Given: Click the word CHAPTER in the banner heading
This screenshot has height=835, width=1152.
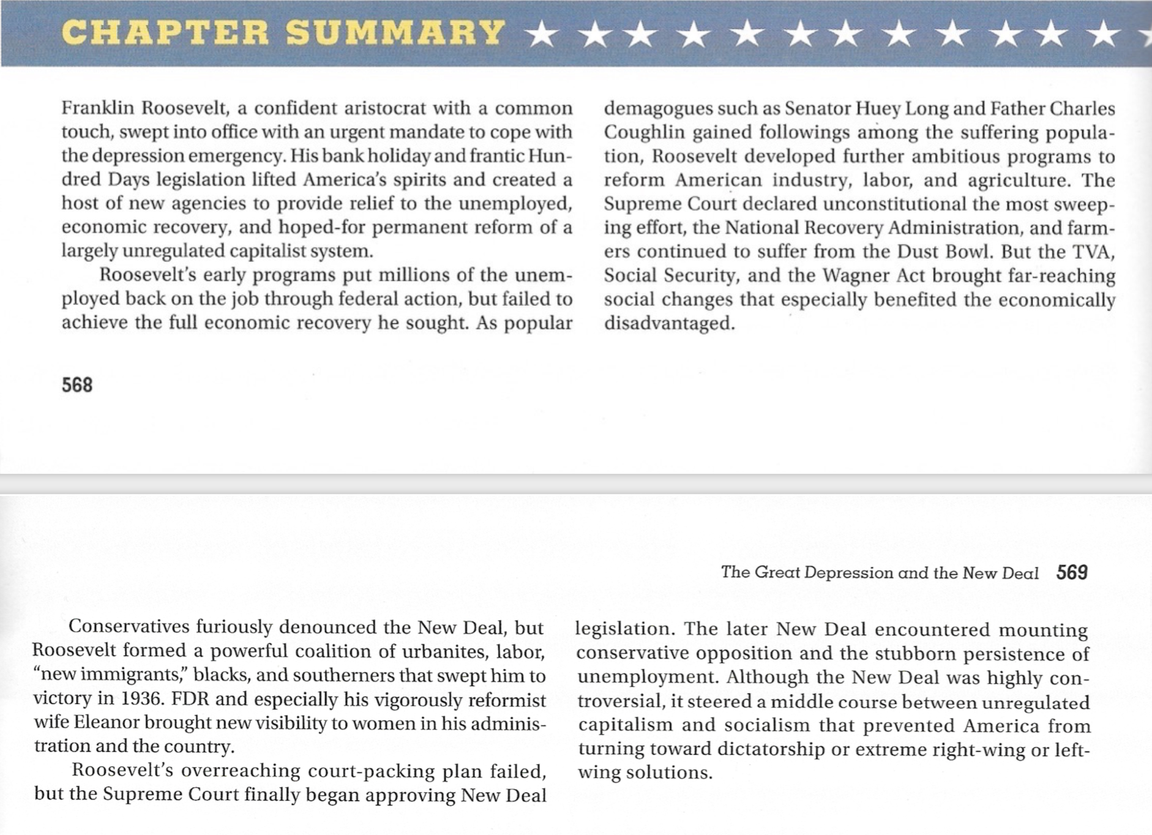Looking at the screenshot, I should click(x=165, y=33).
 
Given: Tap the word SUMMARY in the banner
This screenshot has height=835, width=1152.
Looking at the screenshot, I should click(x=395, y=33).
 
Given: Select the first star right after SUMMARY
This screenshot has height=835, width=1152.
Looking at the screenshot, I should click(x=541, y=35).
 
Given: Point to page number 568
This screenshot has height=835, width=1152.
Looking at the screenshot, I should click(x=77, y=385).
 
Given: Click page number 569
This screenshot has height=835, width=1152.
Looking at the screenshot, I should click(x=1072, y=572).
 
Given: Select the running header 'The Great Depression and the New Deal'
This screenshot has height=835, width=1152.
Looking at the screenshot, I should click(x=880, y=573).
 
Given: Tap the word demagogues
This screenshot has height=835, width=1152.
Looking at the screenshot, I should click(x=659, y=109).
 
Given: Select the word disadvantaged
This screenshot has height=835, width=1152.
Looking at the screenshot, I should click(x=669, y=323).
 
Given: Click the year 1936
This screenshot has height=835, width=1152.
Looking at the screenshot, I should click(x=143, y=698).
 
